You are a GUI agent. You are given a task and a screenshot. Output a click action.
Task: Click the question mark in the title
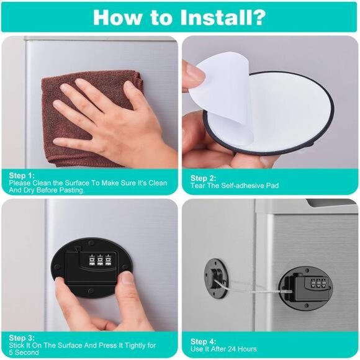pos(259,17)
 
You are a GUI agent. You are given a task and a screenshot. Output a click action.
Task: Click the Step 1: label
pos(22,176)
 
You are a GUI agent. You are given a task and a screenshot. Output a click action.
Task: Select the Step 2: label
pos(203,178)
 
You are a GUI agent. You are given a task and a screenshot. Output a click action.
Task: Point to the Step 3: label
pos(22,338)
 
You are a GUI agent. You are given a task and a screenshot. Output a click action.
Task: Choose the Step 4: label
pos(203,341)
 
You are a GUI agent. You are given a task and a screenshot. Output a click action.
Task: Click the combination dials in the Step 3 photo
pos(100,260)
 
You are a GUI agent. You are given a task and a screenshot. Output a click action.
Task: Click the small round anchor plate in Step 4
pos(216,278)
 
